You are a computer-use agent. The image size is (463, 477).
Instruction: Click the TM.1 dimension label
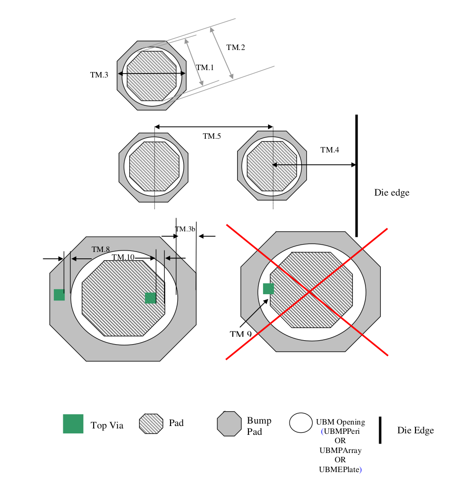coord(205,68)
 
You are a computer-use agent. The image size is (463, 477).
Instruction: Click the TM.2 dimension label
coord(236,48)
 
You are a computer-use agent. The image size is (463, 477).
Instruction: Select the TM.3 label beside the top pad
coord(99,75)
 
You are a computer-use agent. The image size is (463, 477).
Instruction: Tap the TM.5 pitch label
coord(212,136)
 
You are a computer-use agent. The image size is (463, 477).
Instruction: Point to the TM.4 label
coord(330,150)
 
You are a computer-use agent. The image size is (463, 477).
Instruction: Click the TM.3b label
coord(185,229)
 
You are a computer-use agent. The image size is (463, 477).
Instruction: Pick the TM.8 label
coord(100,249)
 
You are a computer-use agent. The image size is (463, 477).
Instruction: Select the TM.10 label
coord(122,257)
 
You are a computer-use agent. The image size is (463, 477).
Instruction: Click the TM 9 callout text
coord(241,334)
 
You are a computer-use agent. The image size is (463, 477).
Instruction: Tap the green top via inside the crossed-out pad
coord(268,289)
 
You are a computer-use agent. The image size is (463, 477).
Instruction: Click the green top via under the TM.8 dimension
coord(59,295)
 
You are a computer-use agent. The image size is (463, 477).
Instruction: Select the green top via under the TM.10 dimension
coord(150,298)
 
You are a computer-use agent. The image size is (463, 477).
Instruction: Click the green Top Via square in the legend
coord(73,424)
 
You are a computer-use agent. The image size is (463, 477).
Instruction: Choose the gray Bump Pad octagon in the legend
coord(229,424)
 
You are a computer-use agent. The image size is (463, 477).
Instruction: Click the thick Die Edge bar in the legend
coord(380,430)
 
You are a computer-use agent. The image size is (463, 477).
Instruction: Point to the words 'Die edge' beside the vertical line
coord(391,193)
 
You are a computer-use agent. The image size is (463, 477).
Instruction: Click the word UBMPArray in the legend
coord(340,450)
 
